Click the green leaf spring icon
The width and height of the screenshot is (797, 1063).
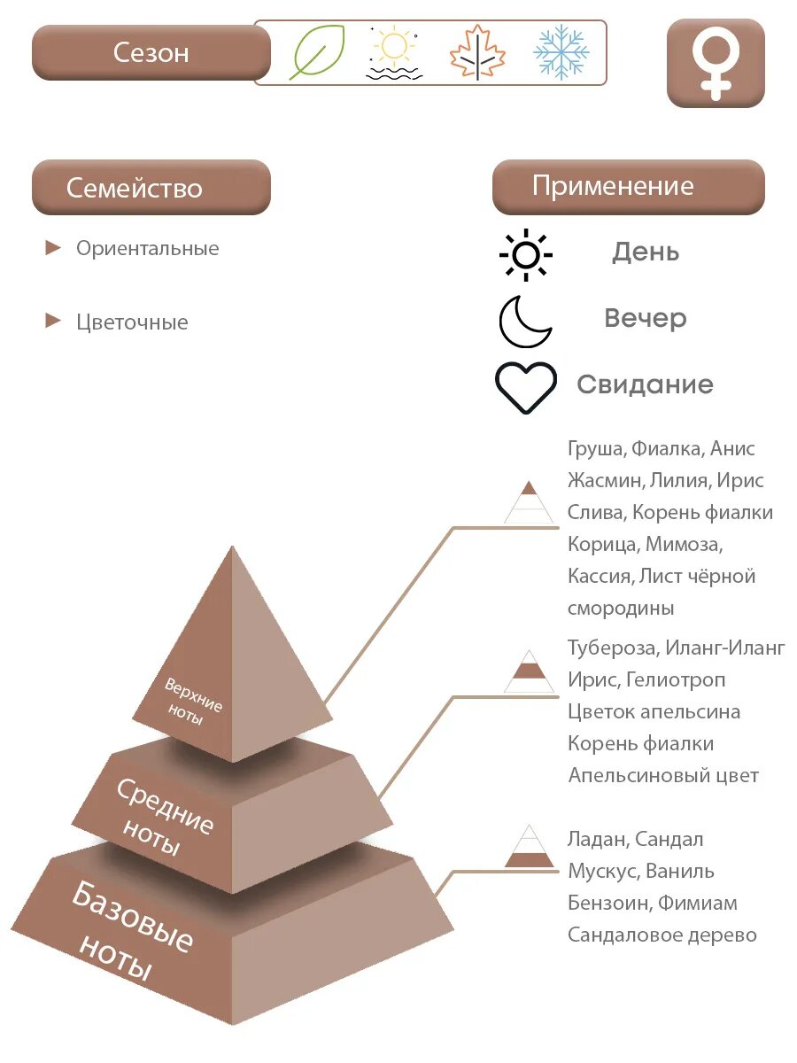[x=316, y=52]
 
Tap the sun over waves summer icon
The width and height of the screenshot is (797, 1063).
[x=393, y=52]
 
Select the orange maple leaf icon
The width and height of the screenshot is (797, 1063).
[x=476, y=52]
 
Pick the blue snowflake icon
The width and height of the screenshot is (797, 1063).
[x=561, y=52]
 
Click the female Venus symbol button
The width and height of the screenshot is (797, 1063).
[x=715, y=63]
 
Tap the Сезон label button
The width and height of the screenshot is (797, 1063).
[x=151, y=52]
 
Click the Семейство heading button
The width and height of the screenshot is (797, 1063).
[x=151, y=187]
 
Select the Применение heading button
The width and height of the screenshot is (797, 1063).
[x=628, y=186]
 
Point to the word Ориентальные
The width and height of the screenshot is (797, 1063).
[x=147, y=248]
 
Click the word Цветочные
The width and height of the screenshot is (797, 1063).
[x=132, y=322]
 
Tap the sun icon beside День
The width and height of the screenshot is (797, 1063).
[x=525, y=254]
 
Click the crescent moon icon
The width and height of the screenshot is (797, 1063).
[x=524, y=321]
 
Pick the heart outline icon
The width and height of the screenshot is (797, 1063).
[x=525, y=387]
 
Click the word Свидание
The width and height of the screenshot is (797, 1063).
[x=645, y=384]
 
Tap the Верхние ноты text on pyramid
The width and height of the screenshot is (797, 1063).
[x=193, y=701]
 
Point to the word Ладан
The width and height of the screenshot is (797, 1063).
[x=598, y=839]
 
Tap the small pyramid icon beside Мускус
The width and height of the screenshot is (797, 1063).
[x=530, y=847]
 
